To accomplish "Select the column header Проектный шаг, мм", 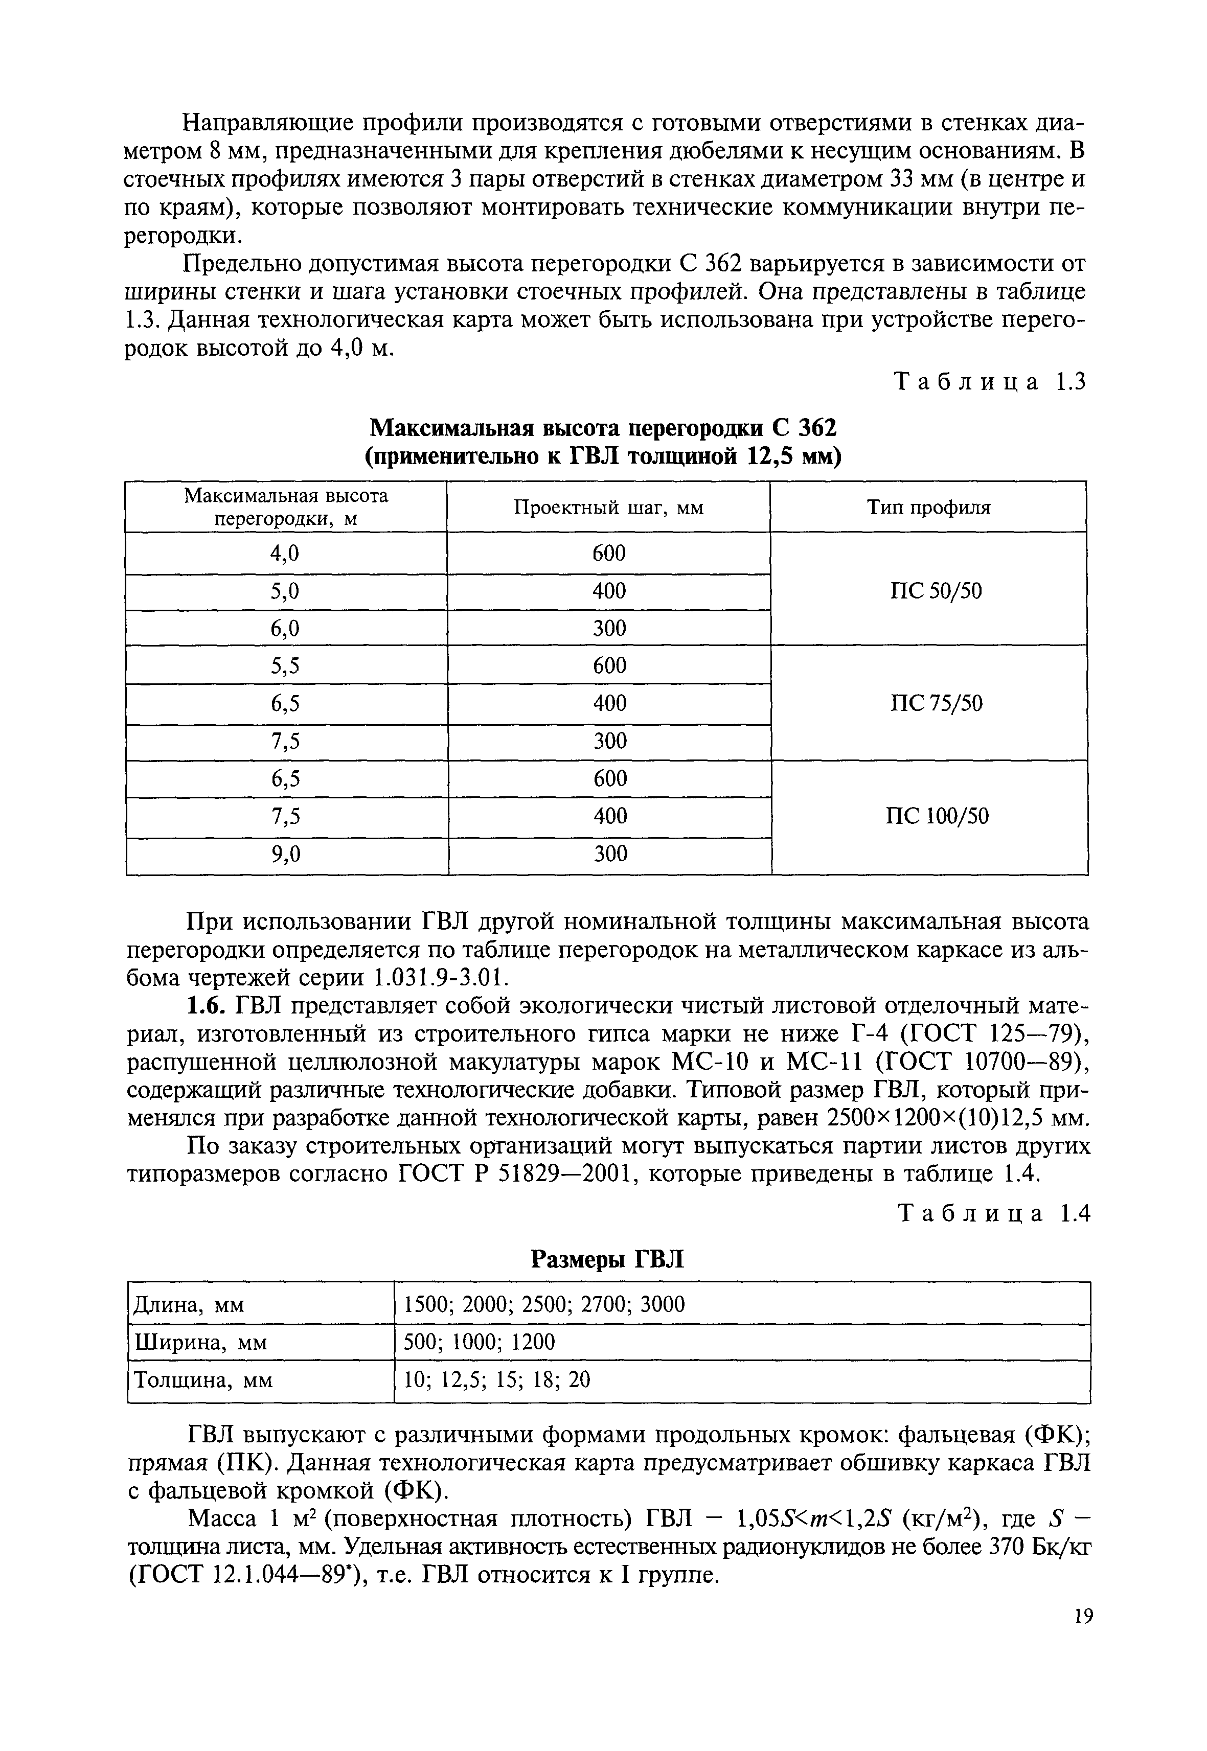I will click(x=609, y=508).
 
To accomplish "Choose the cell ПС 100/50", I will click(x=936, y=817).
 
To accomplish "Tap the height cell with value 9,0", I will click(x=285, y=854).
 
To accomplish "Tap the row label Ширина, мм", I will click(x=200, y=1342).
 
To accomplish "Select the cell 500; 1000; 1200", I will click(x=480, y=1342).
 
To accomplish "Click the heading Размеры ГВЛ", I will click(x=607, y=1259).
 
